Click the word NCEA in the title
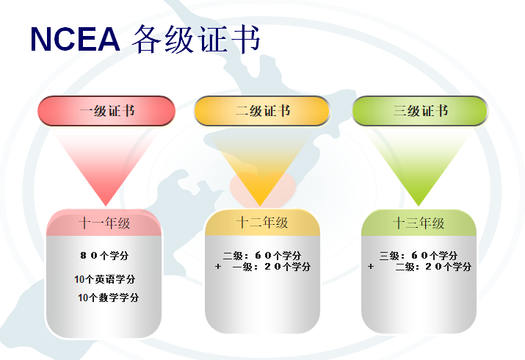tap(75, 39)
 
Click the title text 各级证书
tap(196, 39)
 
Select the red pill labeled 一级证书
tap(106, 111)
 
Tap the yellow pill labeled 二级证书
tap(262, 111)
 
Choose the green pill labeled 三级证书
tap(420, 111)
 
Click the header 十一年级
tap(104, 223)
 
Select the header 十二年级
tap(262, 223)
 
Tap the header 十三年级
tap(419, 223)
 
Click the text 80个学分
tap(104, 256)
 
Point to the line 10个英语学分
tap(104, 279)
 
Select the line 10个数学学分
tap(108, 298)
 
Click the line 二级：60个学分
tap(262, 256)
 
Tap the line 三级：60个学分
tap(419, 256)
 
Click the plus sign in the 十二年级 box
tap(218, 267)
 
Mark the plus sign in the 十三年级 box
tap(371, 267)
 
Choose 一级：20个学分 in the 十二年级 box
tap(272, 267)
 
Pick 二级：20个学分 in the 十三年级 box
tap(433, 267)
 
